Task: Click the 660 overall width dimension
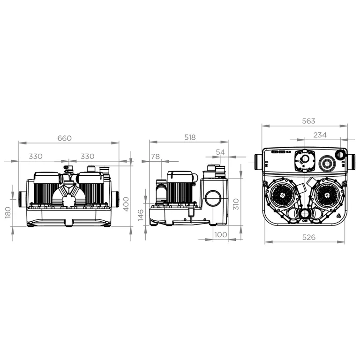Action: [65, 138]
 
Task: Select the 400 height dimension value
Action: [126, 204]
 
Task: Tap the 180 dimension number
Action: [8, 212]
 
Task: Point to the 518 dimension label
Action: [190, 137]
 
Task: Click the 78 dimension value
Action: [156, 157]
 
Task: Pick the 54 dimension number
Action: [220, 152]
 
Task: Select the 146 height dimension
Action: [141, 215]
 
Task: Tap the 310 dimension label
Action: [236, 204]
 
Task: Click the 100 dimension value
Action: [221, 235]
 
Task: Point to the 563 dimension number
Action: [308, 121]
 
